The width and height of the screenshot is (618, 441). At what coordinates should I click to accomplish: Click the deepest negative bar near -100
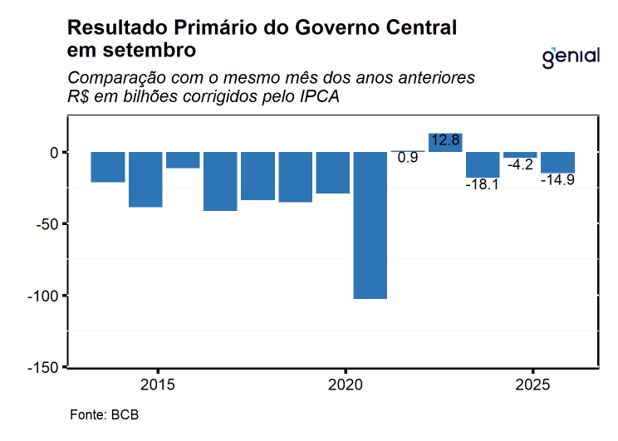click(x=370, y=225)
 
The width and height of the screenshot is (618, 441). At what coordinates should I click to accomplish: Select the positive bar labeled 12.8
click(x=445, y=143)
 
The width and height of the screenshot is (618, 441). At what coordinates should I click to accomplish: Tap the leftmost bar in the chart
click(x=108, y=167)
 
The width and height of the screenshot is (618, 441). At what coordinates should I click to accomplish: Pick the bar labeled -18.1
click(x=483, y=164)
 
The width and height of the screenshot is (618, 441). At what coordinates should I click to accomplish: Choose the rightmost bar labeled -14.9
click(x=557, y=163)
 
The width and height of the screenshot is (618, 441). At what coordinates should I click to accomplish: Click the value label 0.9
click(x=408, y=158)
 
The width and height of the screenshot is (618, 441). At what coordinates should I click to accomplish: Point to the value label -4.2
click(x=520, y=165)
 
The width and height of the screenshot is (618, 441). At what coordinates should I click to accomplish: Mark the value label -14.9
click(x=557, y=179)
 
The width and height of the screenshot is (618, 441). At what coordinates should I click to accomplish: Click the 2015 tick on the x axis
click(x=157, y=385)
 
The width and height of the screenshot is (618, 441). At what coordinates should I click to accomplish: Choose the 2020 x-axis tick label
click(x=345, y=385)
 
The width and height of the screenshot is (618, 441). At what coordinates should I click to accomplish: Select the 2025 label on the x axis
click(x=532, y=385)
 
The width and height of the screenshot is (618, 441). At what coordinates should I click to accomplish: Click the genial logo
click(x=571, y=57)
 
